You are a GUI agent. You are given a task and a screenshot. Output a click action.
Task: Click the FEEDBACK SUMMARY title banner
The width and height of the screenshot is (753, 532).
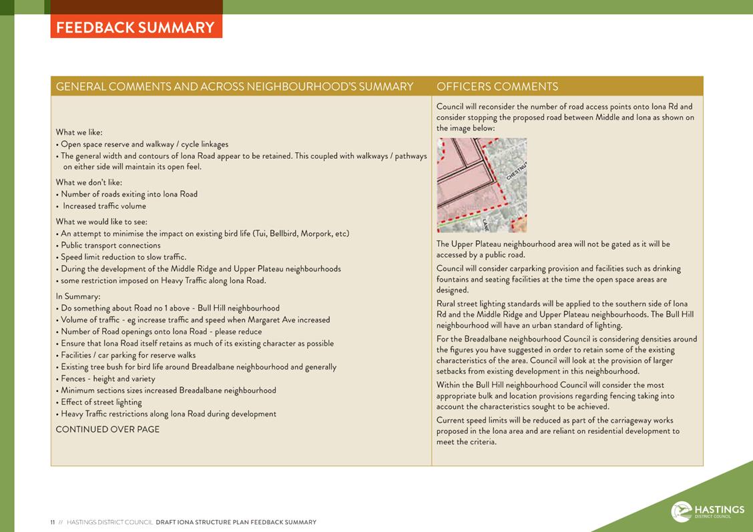136,27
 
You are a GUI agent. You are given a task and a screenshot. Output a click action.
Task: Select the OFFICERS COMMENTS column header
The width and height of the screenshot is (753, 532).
497,87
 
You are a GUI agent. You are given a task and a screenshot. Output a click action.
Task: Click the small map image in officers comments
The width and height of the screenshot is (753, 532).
481,185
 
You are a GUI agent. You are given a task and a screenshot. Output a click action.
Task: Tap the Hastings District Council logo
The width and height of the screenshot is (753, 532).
708,511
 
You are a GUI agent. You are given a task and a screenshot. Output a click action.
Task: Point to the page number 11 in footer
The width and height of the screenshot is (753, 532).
53,523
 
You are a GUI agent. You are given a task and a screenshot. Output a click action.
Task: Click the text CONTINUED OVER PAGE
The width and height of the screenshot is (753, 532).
107,429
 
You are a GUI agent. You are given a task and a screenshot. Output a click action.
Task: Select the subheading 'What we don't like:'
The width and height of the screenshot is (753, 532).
89,182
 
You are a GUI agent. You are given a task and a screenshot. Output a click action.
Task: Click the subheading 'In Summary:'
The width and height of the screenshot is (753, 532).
78,296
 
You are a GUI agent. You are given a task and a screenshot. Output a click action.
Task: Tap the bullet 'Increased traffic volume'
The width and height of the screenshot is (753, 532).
104,206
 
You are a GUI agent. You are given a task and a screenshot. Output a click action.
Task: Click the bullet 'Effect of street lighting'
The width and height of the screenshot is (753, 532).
101,402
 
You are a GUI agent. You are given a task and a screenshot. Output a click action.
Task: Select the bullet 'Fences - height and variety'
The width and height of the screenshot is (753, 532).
108,378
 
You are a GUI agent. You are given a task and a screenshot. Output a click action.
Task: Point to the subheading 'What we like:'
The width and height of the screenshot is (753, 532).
79,132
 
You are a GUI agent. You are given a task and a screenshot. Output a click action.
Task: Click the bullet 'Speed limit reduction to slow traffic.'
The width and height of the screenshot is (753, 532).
123,257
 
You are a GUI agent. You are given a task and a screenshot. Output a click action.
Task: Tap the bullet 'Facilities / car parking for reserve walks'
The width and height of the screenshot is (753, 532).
128,355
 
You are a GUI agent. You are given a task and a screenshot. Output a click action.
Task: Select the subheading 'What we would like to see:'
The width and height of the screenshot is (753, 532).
101,222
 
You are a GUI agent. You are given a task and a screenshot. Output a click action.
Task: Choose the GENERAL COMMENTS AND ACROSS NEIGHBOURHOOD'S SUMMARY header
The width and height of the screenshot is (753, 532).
234,87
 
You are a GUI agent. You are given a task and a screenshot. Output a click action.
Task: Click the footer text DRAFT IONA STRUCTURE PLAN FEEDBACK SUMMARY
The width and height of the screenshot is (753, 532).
236,523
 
